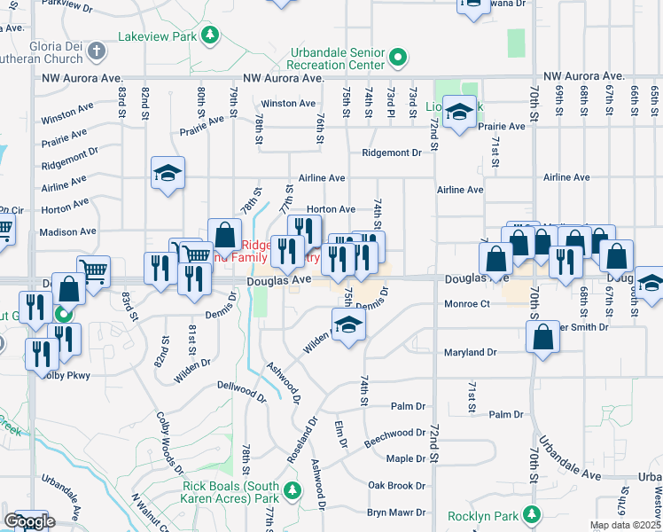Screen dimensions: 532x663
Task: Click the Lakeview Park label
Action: (158, 38)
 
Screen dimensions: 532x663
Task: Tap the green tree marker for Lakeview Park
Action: (209, 35)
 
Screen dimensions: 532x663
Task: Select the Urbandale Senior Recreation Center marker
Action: (399, 59)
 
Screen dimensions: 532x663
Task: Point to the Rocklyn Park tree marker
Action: (532, 514)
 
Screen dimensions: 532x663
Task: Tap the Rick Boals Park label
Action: (230, 491)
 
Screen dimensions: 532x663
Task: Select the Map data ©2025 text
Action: (625, 525)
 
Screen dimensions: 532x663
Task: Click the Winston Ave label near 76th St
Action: (282, 104)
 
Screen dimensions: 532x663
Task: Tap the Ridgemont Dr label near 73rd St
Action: (391, 153)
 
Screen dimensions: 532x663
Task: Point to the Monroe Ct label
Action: (466, 304)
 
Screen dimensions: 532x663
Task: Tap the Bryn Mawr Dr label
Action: (396, 512)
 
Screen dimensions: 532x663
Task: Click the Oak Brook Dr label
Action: (397, 486)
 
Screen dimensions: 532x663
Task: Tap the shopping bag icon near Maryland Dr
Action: (542, 338)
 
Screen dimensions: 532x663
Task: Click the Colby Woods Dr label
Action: (164, 438)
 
